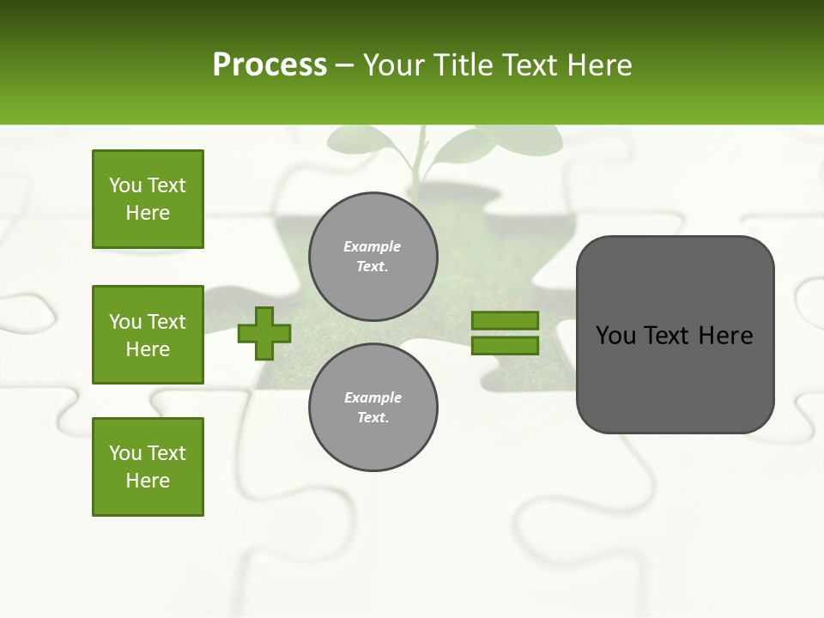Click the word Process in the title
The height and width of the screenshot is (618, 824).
[270, 65]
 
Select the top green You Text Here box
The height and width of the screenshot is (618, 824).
[148, 199]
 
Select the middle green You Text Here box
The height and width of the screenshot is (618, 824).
[148, 335]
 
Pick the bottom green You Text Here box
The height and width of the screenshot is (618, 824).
[148, 467]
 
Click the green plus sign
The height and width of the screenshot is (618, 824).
[264, 333]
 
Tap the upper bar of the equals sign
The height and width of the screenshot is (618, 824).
[505, 320]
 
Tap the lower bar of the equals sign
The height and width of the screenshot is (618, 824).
[505, 346]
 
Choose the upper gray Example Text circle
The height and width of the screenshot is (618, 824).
[373, 257]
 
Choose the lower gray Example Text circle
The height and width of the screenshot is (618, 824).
[373, 407]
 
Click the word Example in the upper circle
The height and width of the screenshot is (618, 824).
[372, 246]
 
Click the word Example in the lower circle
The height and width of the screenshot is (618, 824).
[373, 397]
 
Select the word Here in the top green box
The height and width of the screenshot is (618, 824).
[148, 213]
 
